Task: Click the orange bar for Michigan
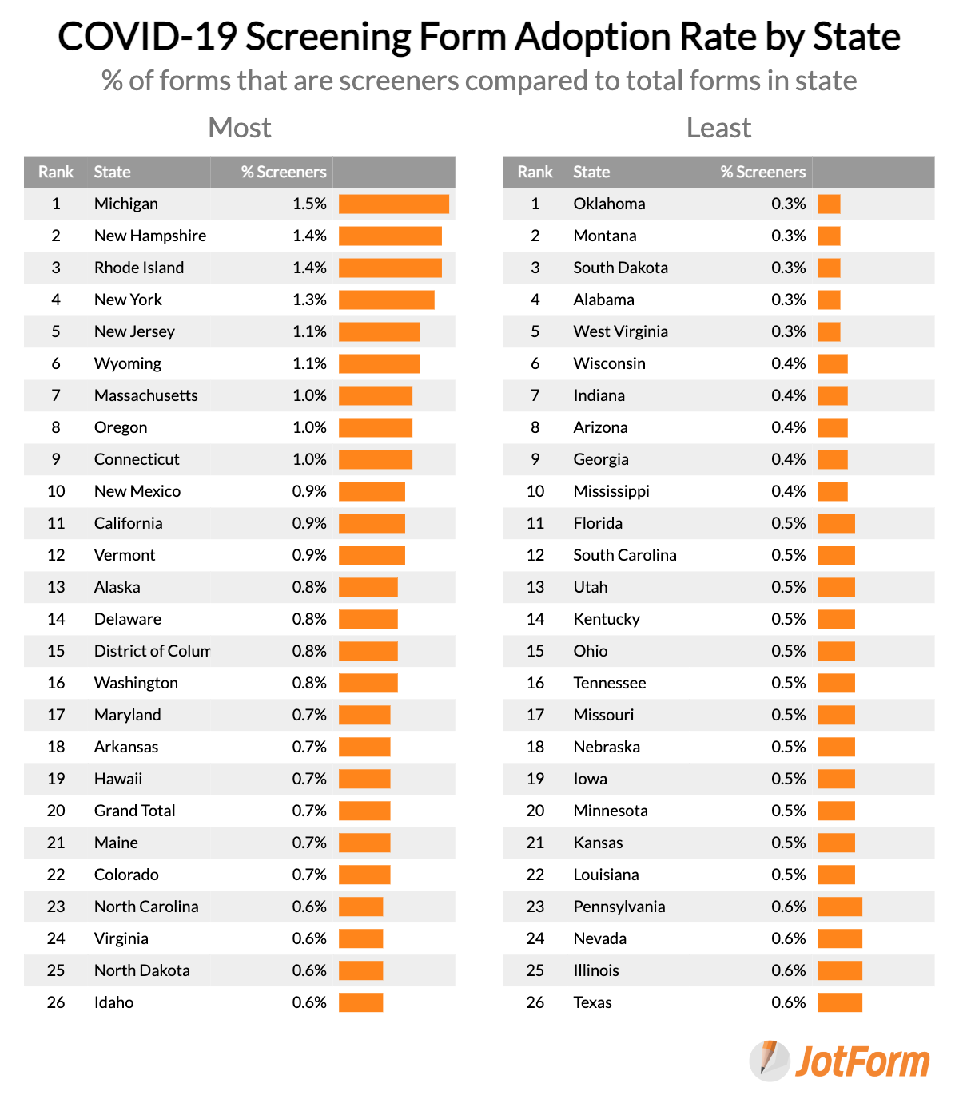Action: click(x=393, y=204)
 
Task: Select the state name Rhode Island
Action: click(x=139, y=268)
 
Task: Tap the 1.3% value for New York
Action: click(x=309, y=300)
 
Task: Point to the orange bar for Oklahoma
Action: click(x=829, y=204)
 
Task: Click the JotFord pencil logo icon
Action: click(x=769, y=1061)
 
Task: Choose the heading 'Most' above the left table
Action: click(x=240, y=128)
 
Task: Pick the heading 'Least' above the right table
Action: click(x=718, y=128)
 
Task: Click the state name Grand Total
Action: click(x=134, y=811)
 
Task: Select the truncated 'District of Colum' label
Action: click(x=152, y=651)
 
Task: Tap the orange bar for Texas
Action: click(x=840, y=1002)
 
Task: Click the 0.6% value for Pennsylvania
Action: click(x=788, y=907)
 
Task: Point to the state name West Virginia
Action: click(x=620, y=331)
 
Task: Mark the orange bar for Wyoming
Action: click(x=379, y=363)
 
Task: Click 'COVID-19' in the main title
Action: click(x=147, y=37)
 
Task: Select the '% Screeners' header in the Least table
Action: click(x=762, y=172)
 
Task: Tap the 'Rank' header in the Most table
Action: click(x=56, y=172)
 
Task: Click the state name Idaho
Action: click(x=113, y=1002)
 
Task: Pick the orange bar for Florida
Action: click(x=836, y=523)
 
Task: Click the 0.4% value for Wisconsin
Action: click(x=788, y=363)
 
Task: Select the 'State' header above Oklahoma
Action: click(x=591, y=172)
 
